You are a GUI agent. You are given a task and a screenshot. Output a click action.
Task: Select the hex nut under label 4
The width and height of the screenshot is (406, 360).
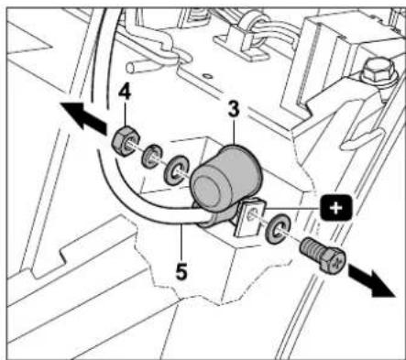[x=121, y=143]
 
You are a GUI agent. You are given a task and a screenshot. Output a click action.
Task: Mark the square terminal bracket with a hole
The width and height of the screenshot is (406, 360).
[x=248, y=219]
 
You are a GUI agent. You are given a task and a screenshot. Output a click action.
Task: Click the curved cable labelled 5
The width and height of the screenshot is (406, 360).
[x=137, y=202]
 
